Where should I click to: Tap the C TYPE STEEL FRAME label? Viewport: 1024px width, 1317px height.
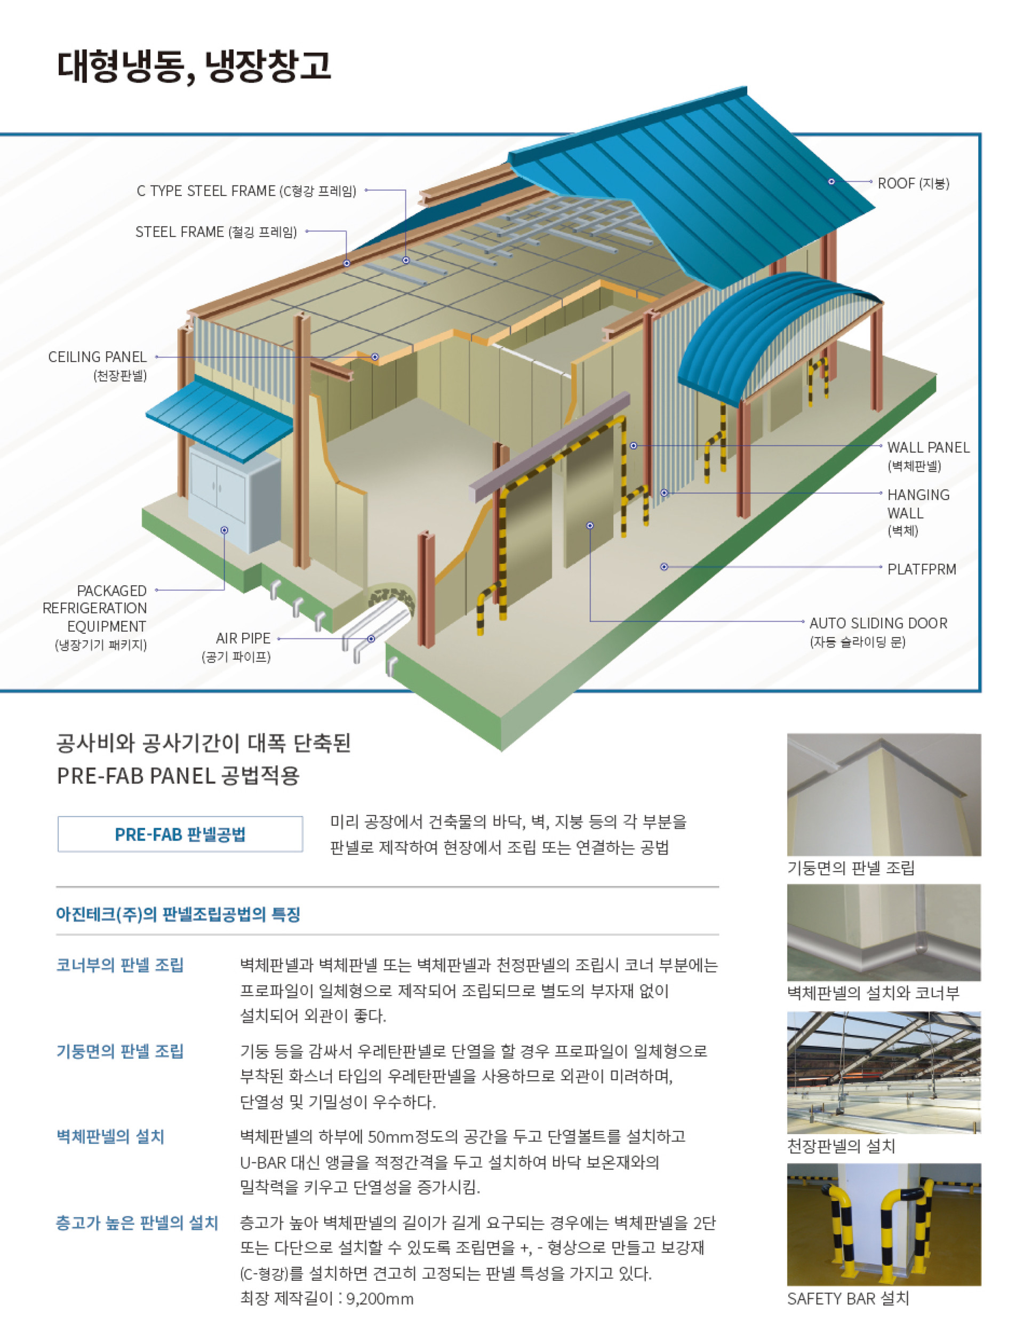click(x=246, y=191)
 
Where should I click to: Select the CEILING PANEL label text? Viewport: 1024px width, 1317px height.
click(x=97, y=357)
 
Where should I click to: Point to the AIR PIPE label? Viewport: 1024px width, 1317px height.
click(x=243, y=639)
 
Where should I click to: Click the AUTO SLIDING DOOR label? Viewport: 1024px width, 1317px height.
click(x=878, y=623)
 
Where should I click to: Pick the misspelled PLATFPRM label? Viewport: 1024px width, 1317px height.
click(x=922, y=569)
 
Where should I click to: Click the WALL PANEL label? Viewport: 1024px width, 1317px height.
click(x=928, y=448)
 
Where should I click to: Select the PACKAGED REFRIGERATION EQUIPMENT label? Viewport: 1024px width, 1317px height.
click(x=95, y=609)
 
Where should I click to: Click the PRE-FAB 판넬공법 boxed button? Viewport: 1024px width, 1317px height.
click(x=180, y=835)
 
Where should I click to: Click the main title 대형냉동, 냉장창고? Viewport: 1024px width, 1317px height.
click(x=194, y=66)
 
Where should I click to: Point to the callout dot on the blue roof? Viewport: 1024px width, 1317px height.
click(x=831, y=182)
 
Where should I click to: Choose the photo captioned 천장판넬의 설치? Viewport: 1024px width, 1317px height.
click(x=883, y=1073)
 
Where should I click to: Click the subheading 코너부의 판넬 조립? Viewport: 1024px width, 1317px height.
click(x=119, y=965)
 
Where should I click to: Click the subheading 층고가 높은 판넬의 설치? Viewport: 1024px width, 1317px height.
click(x=137, y=1222)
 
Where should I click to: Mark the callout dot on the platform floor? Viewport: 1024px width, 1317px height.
click(x=664, y=567)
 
